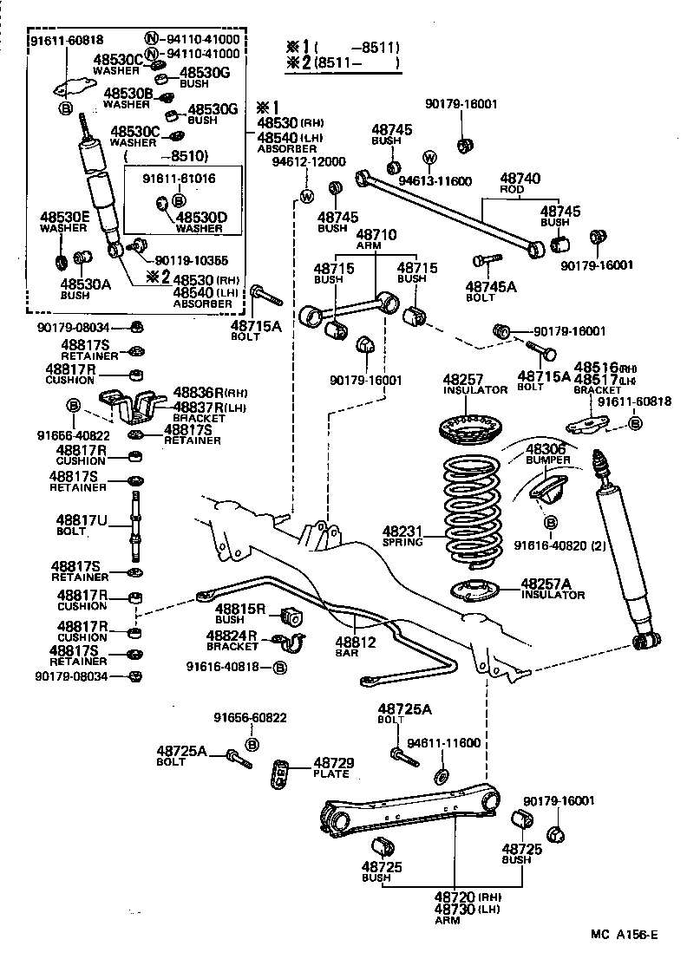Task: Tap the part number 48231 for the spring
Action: [x=402, y=531]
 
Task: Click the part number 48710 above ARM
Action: [x=376, y=234]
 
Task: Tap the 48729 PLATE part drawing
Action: [x=279, y=771]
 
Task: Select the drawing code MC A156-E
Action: [x=625, y=934]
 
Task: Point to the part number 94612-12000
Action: [x=309, y=161]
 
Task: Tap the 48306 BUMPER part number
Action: [x=546, y=447]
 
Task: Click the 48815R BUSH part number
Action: [x=240, y=610]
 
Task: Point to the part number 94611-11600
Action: [x=443, y=743]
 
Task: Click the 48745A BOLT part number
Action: [x=490, y=286]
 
